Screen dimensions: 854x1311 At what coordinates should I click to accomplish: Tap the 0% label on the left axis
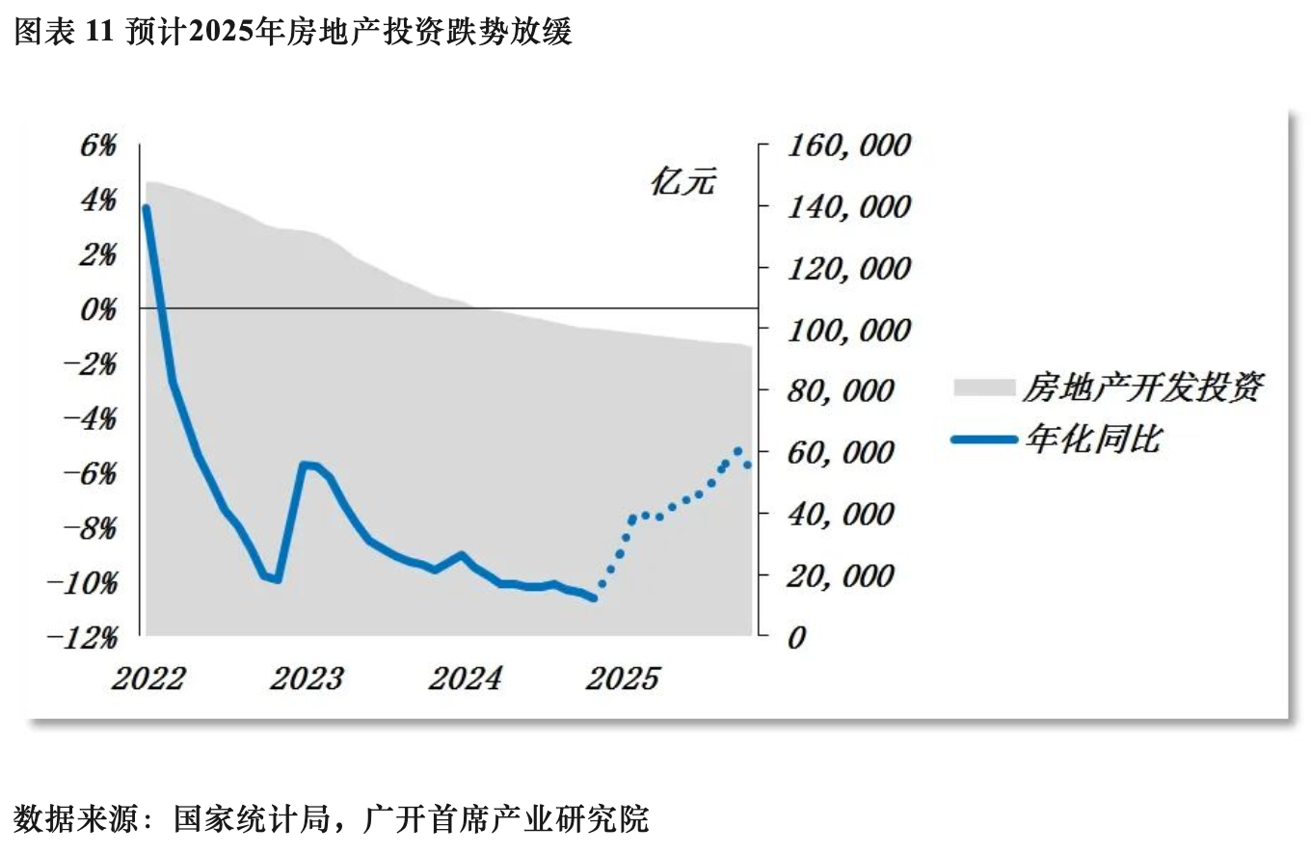click(x=100, y=309)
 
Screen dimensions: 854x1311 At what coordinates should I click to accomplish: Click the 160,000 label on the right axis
click(x=849, y=146)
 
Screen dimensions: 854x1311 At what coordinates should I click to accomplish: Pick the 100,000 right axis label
click(x=849, y=331)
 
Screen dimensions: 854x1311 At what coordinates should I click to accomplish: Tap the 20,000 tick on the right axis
click(x=842, y=576)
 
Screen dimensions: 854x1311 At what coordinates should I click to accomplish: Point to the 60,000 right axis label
click(x=842, y=453)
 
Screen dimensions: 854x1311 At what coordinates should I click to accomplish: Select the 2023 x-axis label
click(x=307, y=679)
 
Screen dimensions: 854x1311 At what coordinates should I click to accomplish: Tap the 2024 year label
click(x=466, y=679)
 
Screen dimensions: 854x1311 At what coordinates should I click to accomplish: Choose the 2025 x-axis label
click(x=624, y=679)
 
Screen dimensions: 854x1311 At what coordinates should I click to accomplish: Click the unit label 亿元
click(x=683, y=183)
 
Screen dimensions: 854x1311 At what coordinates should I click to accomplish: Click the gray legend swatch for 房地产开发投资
click(x=984, y=387)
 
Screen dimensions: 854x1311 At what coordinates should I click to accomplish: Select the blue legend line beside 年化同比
click(x=984, y=440)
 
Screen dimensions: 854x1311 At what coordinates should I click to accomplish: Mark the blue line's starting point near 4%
click(x=146, y=208)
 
